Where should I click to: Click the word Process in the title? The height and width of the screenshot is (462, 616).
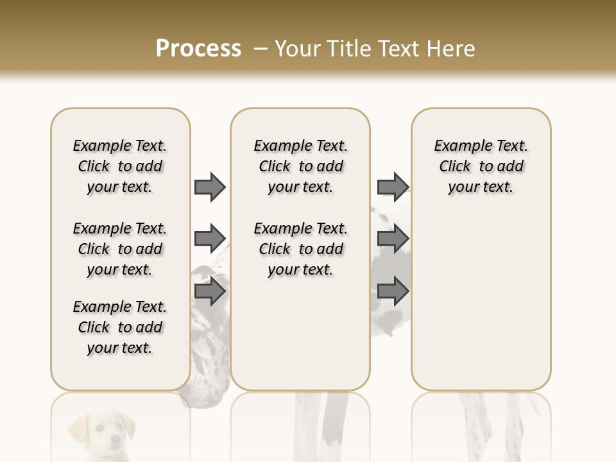click(x=198, y=48)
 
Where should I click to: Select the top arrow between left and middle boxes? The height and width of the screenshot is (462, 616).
click(x=210, y=187)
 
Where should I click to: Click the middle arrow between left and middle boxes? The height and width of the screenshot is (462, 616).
click(x=210, y=239)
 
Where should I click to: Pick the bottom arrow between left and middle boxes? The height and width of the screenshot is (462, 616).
click(x=210, y=292)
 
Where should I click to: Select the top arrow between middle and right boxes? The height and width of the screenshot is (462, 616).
click(x=393, y=187)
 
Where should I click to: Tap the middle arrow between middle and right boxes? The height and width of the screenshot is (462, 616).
click(x=393, y=239)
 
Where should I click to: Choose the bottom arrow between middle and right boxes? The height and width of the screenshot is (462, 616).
click(x=393, y=292)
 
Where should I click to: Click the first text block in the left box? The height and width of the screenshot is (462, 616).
click(x=120, y=166)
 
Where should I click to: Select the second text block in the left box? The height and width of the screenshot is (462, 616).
click(x=120, y=249)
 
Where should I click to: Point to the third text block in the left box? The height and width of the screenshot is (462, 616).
click(x=120, y=327)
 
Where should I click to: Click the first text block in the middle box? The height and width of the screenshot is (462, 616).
click(x=300, y=166)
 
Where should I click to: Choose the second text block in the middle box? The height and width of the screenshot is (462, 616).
click(x=300, y=249)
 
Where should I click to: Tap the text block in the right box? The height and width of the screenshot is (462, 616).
click(x=481, y=166)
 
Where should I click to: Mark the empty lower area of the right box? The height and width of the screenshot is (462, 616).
click(x=481, y=302)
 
